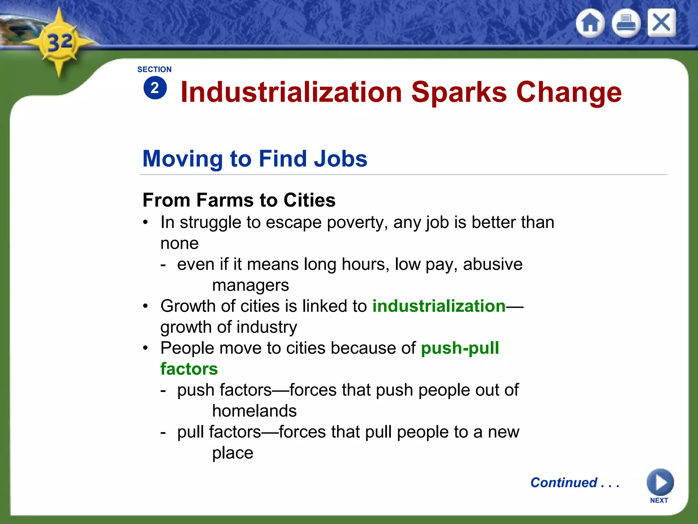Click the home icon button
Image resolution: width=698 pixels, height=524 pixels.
[590, 23]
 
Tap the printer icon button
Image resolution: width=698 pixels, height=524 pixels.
[626, 23]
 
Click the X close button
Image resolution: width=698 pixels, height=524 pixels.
[661, 23]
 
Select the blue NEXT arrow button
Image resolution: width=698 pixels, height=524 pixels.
[660, 482]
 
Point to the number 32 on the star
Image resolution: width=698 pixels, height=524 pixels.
[60, 43]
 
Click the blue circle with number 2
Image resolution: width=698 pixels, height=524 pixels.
[155, 88]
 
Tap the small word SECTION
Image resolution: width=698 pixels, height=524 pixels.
[154, 70]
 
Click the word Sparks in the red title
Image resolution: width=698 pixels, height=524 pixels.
[459, 92]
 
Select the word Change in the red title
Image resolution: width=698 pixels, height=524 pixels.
[569, 92]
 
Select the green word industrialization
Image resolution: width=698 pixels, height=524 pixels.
[439, 306]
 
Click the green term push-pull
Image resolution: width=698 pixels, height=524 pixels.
[460, 348]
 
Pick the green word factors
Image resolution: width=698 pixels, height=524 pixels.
[189, 369]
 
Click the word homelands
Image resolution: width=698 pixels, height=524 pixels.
[254, 411]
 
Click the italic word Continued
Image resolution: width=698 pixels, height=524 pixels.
[564, 483]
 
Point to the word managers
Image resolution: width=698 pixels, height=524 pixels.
[251, 286]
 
